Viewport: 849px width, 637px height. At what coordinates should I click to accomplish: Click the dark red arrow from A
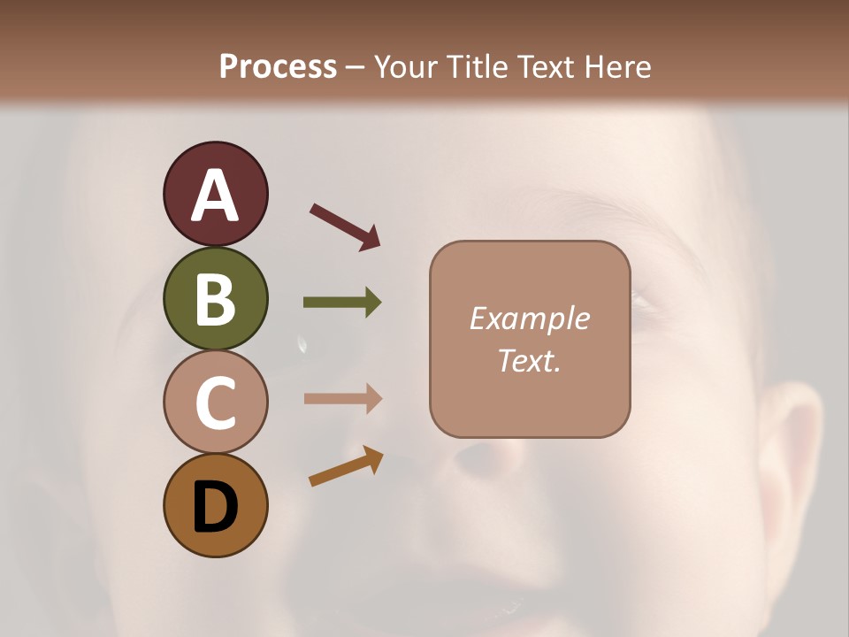click(x=344, y=226)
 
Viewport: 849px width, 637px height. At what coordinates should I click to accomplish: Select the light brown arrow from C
click(x=342, y=398)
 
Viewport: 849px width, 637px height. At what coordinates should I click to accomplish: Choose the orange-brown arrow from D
click(x=346, y=466)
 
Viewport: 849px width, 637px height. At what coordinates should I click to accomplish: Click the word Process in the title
click(x=278, y=66)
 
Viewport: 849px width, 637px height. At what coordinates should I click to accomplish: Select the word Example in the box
click(x=529, y=318)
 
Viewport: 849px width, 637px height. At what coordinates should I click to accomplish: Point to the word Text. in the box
click(x=529, y=360)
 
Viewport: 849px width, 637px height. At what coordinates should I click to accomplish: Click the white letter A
click(x=215, y=196)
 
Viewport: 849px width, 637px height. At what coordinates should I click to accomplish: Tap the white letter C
click(x=215, y=403)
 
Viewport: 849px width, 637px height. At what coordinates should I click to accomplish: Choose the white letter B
click(x=215, y=300)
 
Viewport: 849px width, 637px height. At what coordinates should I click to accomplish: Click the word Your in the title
click(x=406, y=66)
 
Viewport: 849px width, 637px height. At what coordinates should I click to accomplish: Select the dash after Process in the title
click(x=356, y=67)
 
